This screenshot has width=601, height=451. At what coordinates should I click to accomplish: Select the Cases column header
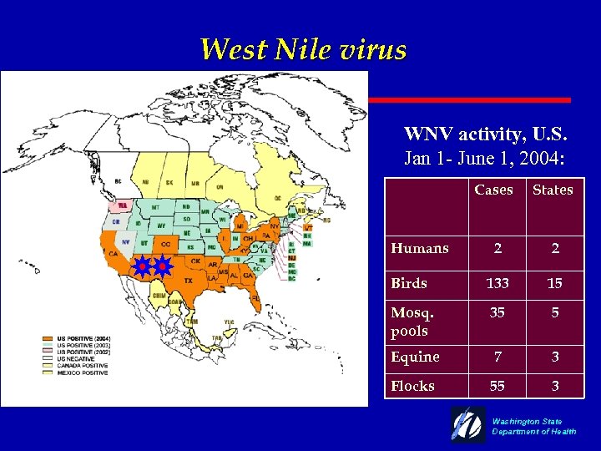493,190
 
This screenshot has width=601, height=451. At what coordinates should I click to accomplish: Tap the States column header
553,190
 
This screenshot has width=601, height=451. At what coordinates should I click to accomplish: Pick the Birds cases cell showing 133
497,283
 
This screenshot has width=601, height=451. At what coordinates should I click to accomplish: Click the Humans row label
420,248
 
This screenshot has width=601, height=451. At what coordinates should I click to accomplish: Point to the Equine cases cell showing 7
497,357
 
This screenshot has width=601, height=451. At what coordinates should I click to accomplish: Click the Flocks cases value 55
497,386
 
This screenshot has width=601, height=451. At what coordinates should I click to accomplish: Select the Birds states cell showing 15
554,283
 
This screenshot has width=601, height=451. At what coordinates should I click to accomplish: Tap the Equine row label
415,357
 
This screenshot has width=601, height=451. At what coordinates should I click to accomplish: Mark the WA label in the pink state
122,205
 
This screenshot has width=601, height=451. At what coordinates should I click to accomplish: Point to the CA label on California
111,254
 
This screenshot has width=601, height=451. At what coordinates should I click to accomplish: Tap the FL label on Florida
255,296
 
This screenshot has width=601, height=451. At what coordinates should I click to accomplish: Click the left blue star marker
143,267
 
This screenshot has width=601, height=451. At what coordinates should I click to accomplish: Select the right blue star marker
163,267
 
